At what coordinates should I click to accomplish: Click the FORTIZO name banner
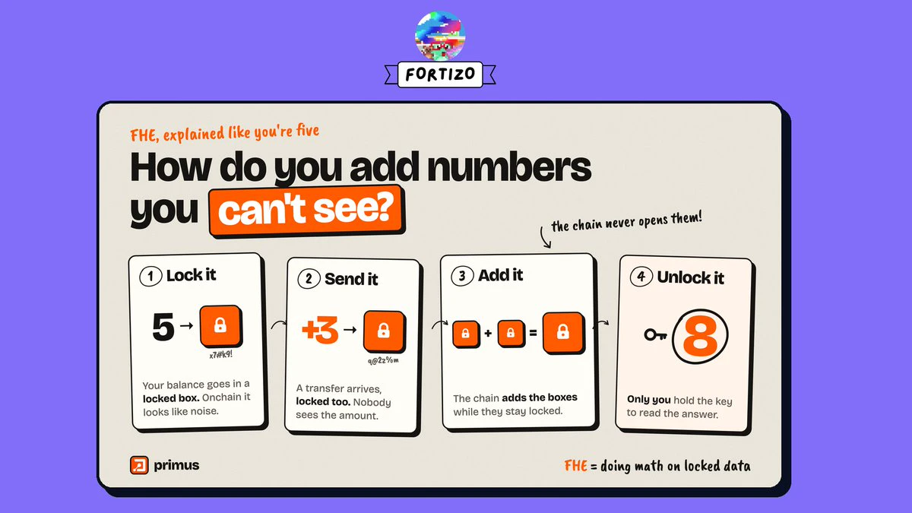pyautogui.click(x=440, y=74)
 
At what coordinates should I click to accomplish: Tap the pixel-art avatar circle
pyautogui.click(x=440, y=36)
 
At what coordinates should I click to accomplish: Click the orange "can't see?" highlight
pyautogui.click(x=307, y=211)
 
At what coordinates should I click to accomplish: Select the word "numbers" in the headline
pyautogui.click(x=509, y=167)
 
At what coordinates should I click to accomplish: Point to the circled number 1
pyautogui.click(x=150, y=276)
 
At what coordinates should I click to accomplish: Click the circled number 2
pyautogui.click(x=309, y=280)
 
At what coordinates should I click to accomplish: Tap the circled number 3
pyautogui.click(x=462, y=276)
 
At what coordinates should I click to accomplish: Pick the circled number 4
pyautogui.click(x=641, y=277)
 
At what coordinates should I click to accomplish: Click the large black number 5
pyautogui.click(x=163, y=327)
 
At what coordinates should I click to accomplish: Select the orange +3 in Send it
pyautogui.click(x=320, y=330)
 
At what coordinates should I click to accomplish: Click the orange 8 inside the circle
pyautogui.click(x=700, y=336)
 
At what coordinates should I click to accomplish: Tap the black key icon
pyautogui.click(x=655, y=335)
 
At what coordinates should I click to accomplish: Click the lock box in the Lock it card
pyautogui.click(x=221, y=327)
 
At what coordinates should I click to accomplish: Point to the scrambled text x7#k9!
pyautogui.click(x=221, y=355)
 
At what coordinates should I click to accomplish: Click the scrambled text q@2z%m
pyautogui.click(x=383, y=360)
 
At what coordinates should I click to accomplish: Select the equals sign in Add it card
pyautogui.click(x=533, y=334)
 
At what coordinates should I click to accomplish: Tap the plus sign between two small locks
pyautogui.click(x=488, y=334)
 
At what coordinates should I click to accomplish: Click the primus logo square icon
pyautogui.click(x=139, y=465)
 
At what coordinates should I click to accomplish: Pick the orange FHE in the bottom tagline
pyautogui.click(x=576, y=466)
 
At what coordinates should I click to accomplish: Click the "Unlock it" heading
pyautogui.click(x=691, y=277)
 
